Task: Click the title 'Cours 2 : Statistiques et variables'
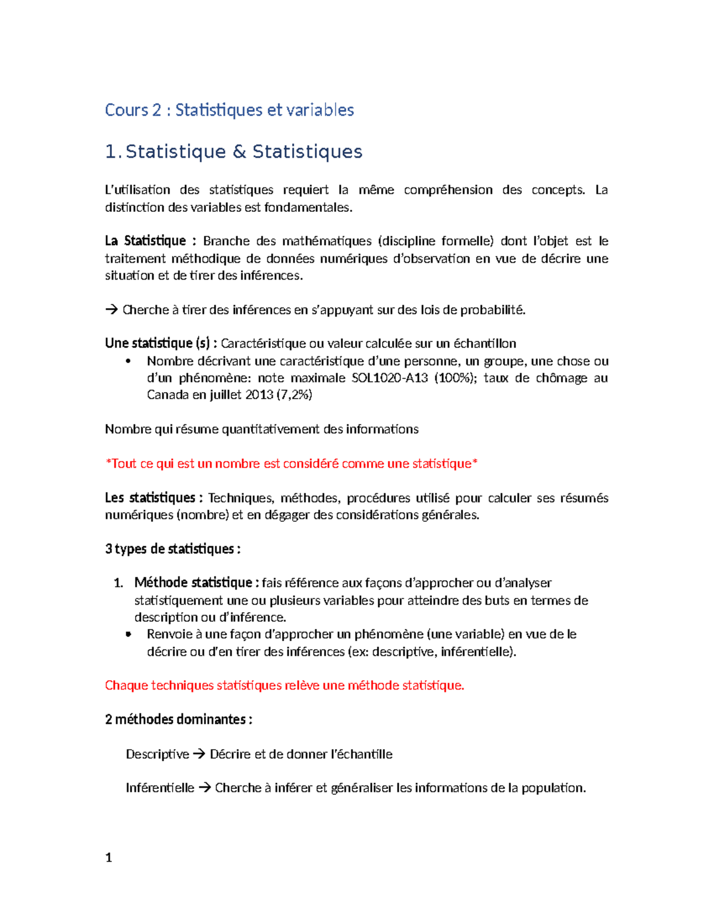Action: [229, 110]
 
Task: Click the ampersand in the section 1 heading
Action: [239, 152]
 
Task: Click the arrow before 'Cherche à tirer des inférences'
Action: [111, 310]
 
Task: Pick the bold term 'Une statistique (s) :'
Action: [161, 343]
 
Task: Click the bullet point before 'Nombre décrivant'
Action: [129, 361]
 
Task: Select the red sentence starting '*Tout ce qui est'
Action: [292, 463]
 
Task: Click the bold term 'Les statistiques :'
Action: [154, 498]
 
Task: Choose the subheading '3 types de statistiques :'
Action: [173, 549]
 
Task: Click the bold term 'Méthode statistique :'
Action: [196, 582]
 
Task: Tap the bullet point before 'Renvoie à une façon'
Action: [129, 634]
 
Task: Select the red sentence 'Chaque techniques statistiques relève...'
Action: [284, 685]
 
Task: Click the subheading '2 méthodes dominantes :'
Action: [178, 719]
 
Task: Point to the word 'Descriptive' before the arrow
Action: [157, 754]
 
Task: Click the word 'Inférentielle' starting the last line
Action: [159, 788]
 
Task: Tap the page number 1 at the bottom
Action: [108, 857]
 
